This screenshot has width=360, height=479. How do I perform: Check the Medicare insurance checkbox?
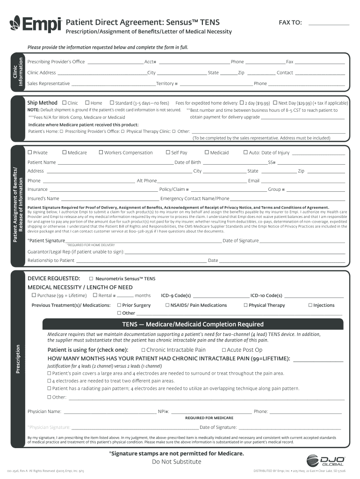pyautogui.click(x=64, y=152)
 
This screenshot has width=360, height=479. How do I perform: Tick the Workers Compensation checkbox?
pyautogui.click(x=101, y=152)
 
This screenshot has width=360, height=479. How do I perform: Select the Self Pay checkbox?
pyautogui.click(x=168, y=152)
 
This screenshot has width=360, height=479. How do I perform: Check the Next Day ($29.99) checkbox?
pyautogui.click(x=275, y=103)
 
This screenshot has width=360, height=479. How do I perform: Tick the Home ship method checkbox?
pyautogui.click(x=87, y=103)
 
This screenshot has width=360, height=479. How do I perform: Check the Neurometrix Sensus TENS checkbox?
pyautogui.click(x=91, y=278)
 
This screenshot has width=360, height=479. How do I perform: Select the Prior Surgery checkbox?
pyautogui.click(x=119, y=305)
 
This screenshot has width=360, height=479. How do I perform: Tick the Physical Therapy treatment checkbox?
pyautogui.click(x=245, y=305)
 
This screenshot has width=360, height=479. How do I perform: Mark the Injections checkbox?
pyautogui.click(x=310, y=305)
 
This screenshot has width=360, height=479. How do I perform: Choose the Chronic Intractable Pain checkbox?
pyautogui.click(x=143, y=350)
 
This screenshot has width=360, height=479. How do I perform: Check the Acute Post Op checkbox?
pyautogui.click(x=224, y=350)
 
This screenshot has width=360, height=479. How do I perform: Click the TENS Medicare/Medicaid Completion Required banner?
pyautogui.click(x=193, y=324)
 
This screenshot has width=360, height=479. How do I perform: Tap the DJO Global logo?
pyautogui.click(x=326, y=461)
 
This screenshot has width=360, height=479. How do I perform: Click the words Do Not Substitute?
pyautogui.click(x=177, y=462)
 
